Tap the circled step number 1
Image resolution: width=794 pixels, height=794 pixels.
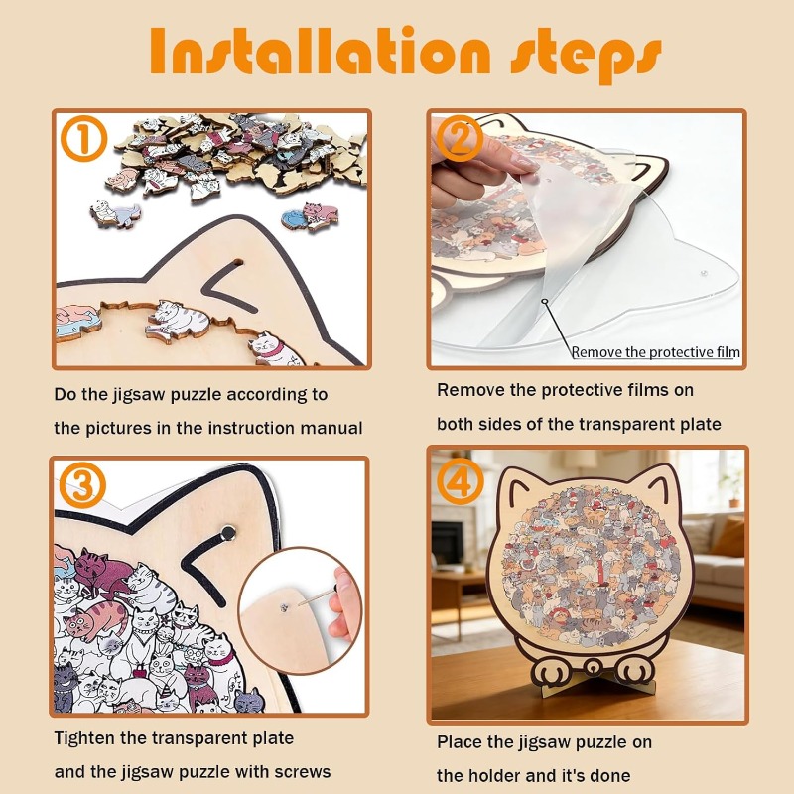click(84, 140)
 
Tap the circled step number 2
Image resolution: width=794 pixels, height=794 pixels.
click(459, 140)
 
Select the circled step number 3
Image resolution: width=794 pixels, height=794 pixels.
click(83, 486)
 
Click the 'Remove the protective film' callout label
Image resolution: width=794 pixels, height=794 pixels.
click(655, 352)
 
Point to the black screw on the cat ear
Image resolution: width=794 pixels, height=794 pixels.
click(229, 532)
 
